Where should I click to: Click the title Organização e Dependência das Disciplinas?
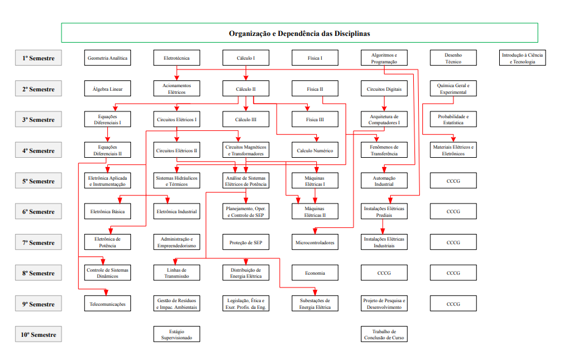point(299,34)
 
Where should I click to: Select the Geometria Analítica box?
point(107,58)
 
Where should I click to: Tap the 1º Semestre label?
point(38,58)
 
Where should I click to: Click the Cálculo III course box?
point(246,119)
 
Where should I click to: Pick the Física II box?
point(314,89)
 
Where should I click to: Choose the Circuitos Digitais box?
point(384,89)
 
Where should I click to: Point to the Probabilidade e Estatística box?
point(453,119)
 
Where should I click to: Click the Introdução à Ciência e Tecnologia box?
point(522,58)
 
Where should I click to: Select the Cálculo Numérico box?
point(314,150)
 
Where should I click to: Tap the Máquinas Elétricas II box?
point(314,211)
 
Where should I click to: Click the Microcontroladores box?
point(314,242)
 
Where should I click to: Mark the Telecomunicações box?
point(107,303)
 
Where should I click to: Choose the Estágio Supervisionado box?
point(176,334)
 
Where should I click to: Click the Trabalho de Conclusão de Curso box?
point(384,334)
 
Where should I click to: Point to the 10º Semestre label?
point(38,334)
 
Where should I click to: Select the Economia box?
point(314,273)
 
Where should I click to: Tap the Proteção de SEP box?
point(246,242)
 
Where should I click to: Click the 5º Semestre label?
point(38,181)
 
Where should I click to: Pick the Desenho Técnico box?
point(453,58)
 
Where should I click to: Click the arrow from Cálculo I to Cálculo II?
point(246,74)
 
